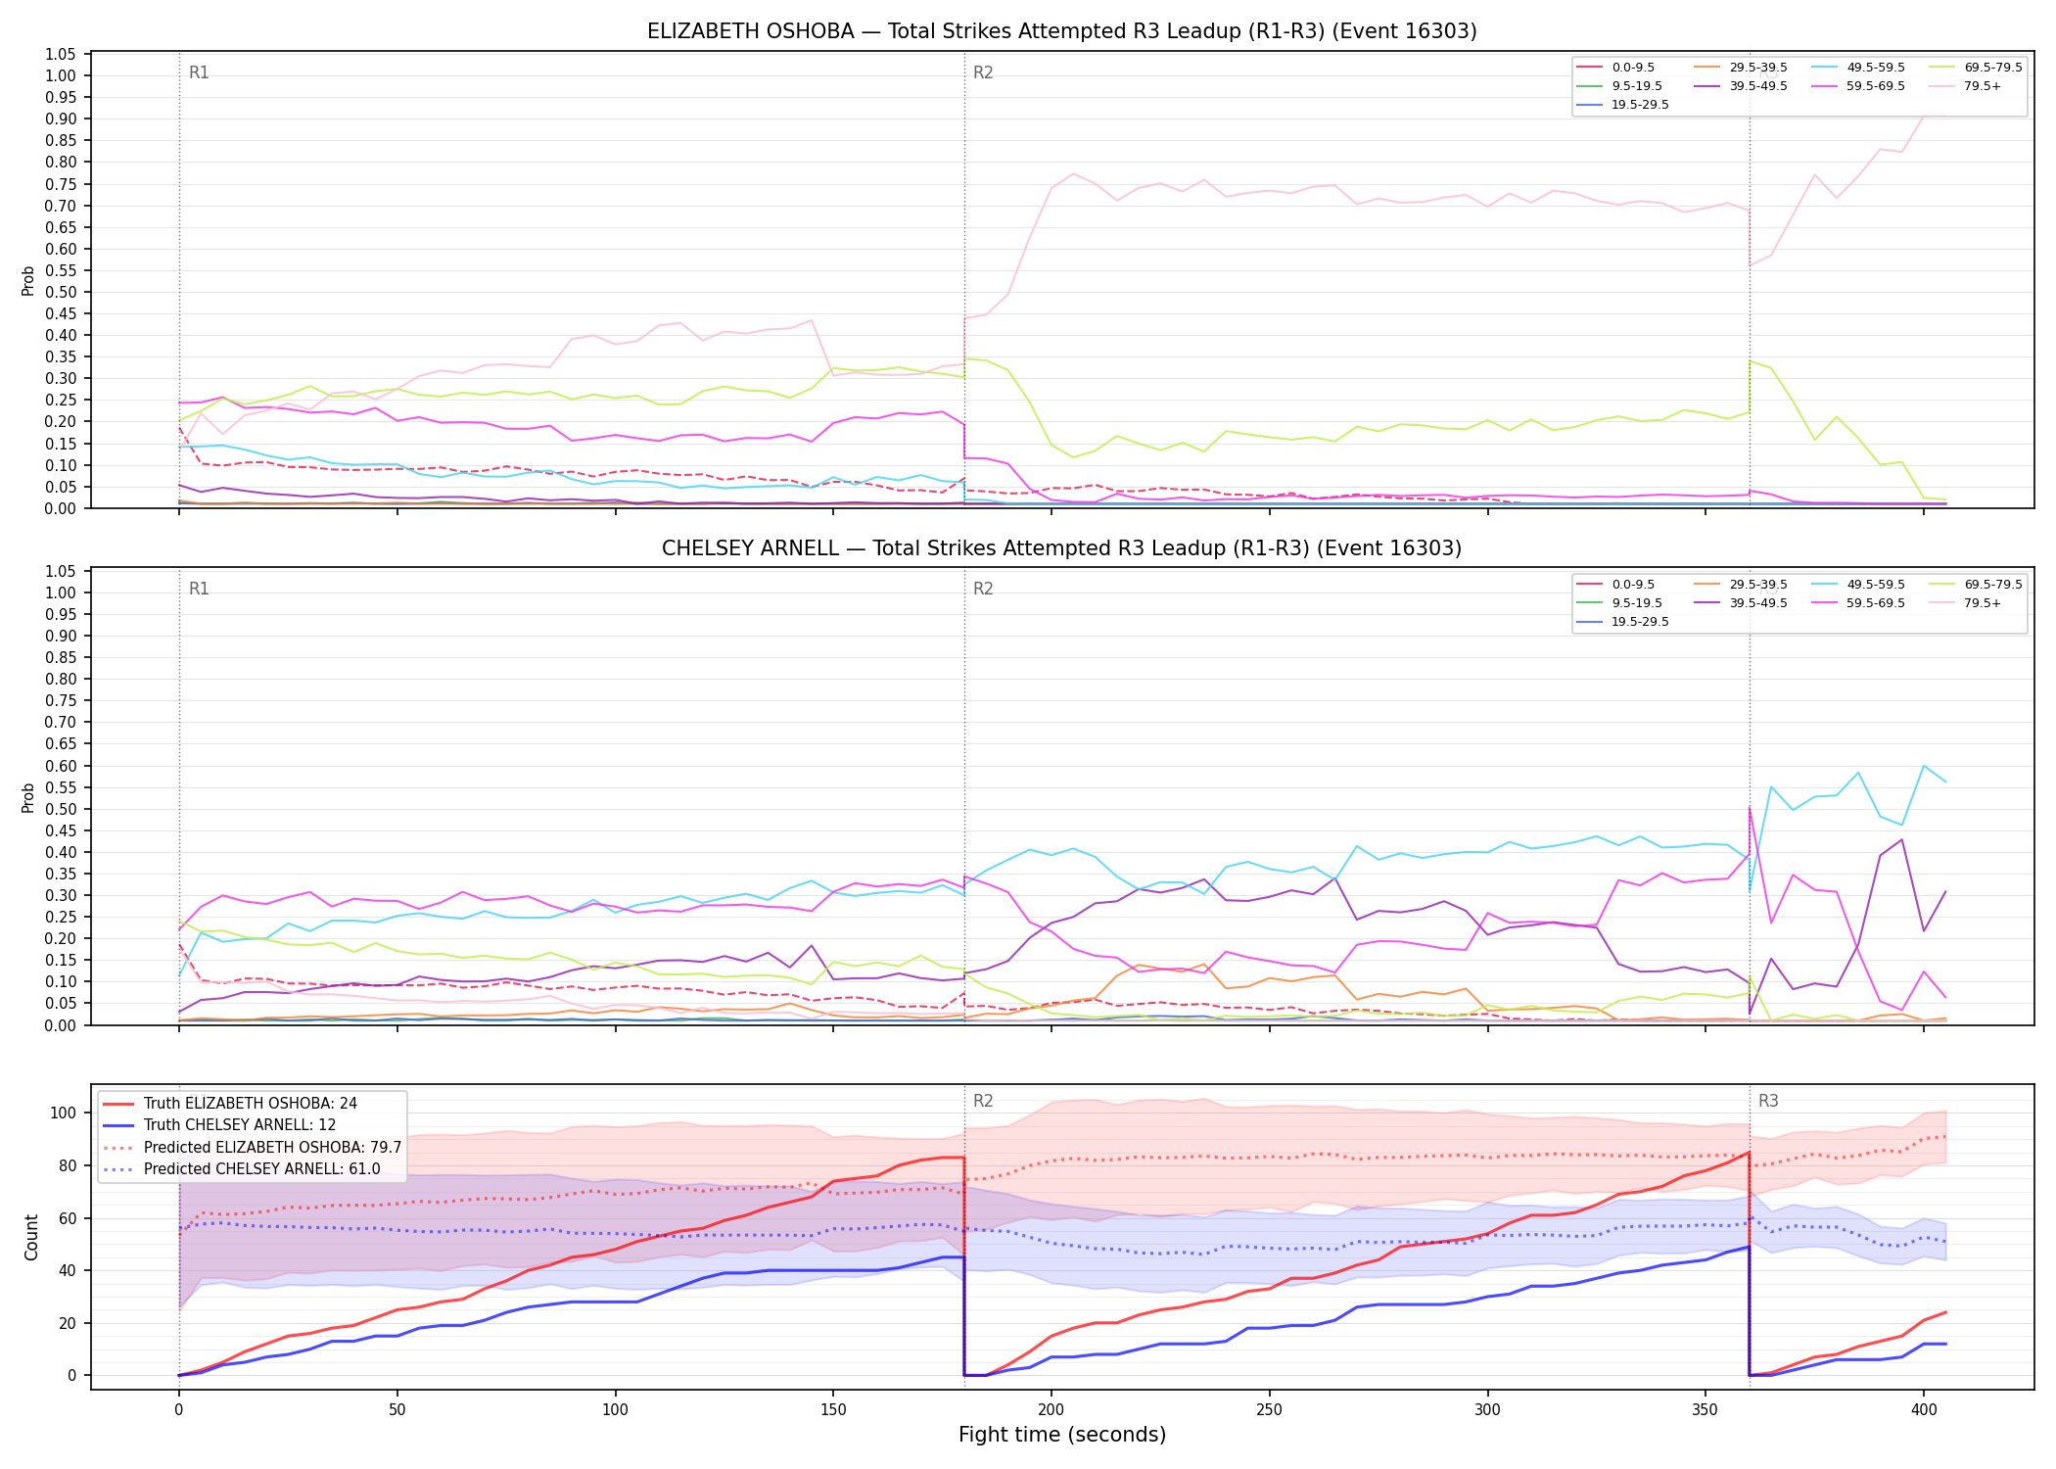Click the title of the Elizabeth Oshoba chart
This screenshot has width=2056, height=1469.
point(1061,31)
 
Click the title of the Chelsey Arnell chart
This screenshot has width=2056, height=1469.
point(1061,548)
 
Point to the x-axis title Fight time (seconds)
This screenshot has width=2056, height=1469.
point(1062,1435)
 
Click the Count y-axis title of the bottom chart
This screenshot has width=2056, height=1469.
point(31,1237)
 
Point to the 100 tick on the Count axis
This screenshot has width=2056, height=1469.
point(63,1113)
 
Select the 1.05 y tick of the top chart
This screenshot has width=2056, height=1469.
point(61,54)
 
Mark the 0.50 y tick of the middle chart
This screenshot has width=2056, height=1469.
point(61,809)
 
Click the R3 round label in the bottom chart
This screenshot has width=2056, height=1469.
point(1768,1101)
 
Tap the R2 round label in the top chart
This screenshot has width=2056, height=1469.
point(983,72)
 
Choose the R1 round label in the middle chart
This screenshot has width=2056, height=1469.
point(199,589)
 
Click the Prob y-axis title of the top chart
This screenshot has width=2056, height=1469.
point(28,281)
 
